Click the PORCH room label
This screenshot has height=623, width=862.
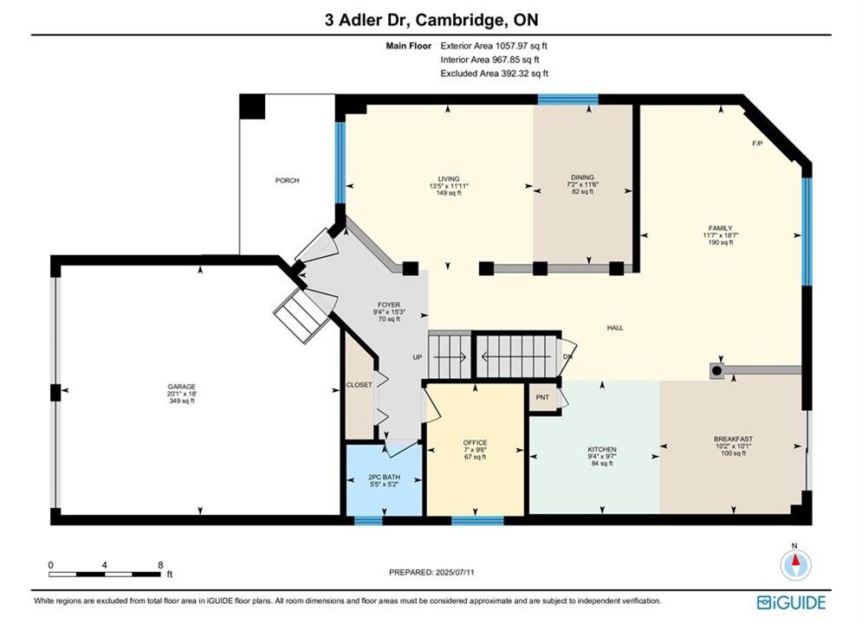pos(287,180)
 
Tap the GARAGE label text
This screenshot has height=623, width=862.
pos(181,387)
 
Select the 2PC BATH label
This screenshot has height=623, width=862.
pos(384,477)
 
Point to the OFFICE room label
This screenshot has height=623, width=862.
pos(475,442)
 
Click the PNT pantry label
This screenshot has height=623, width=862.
pos(542,397)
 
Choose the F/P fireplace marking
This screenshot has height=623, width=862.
pos(757,144)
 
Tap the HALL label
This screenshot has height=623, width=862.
pos(615,327)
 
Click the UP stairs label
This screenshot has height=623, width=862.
pos(418,356)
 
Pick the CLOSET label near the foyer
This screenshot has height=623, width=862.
pos(359,385)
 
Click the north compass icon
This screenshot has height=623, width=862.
pos(795,563)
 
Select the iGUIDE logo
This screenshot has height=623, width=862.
pos(791,602)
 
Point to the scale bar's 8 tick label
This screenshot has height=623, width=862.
pos(160,565)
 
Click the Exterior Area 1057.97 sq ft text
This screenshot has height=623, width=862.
pos(494,46)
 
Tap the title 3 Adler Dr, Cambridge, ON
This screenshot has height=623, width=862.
pos(431,20)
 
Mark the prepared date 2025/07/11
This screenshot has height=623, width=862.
pos(455,572)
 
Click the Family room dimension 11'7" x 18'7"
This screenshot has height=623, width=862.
pos(720,235)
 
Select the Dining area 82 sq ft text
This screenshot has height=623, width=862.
pos(582,191)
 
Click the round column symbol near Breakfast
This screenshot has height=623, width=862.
pos(716,371)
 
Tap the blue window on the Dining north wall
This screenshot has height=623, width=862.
pos(568,100)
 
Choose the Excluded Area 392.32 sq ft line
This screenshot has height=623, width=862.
pos(494,73)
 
